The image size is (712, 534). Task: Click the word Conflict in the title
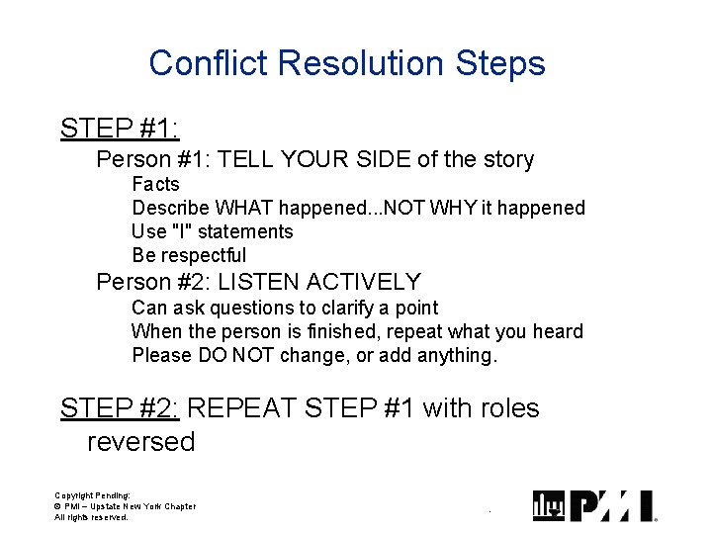[209, 63]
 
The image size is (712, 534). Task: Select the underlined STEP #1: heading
[119, 128]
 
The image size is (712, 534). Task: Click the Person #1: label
[152, 159]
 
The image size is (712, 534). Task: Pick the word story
[501, 159]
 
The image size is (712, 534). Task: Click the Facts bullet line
[155, 184]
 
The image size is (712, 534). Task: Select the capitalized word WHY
[462, 208]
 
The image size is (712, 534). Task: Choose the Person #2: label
[152, 282]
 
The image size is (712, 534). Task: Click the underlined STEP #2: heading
[119, 407]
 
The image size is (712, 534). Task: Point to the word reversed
[140, 441]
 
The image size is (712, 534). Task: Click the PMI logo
[594, 505]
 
